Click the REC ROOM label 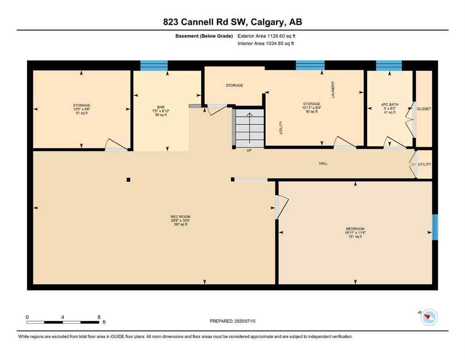pyautogui.click(x=179, y=216)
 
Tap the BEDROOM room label pyautogui.click(x=355, y=229)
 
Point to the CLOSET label pyautogui.click(x=424, y=109)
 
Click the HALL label pyautogui.click(x=323, y=164)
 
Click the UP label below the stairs pyautogui.click(x=250, y=150)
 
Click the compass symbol pyautogui.click(x=428, y=317)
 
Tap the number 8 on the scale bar pyautogui.click(x=99, y=317)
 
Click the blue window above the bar pyautogui.click(x=154, y=65)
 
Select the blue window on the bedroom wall pyautogui.click(x=435, y=227)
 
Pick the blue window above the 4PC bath pyautogui.click(x=389, y=65)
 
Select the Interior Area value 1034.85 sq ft pyautogui.click(x=279, y=44)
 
